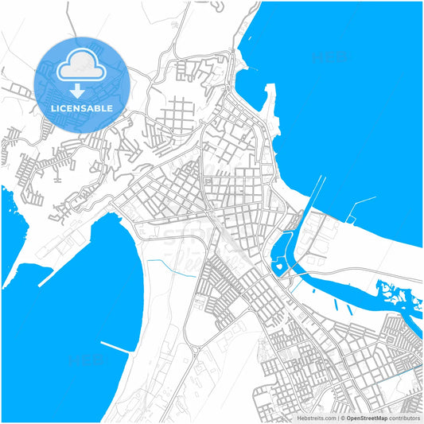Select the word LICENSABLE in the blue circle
tap(82, 107)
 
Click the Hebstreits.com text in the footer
tap(317, 418)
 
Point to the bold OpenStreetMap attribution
tap(367, 418)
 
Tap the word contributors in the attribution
tap(405, 418)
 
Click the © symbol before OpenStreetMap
tap(343, 418)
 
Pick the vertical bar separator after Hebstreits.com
tap(337, 418)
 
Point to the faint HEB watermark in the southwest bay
tap(80, 363)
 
